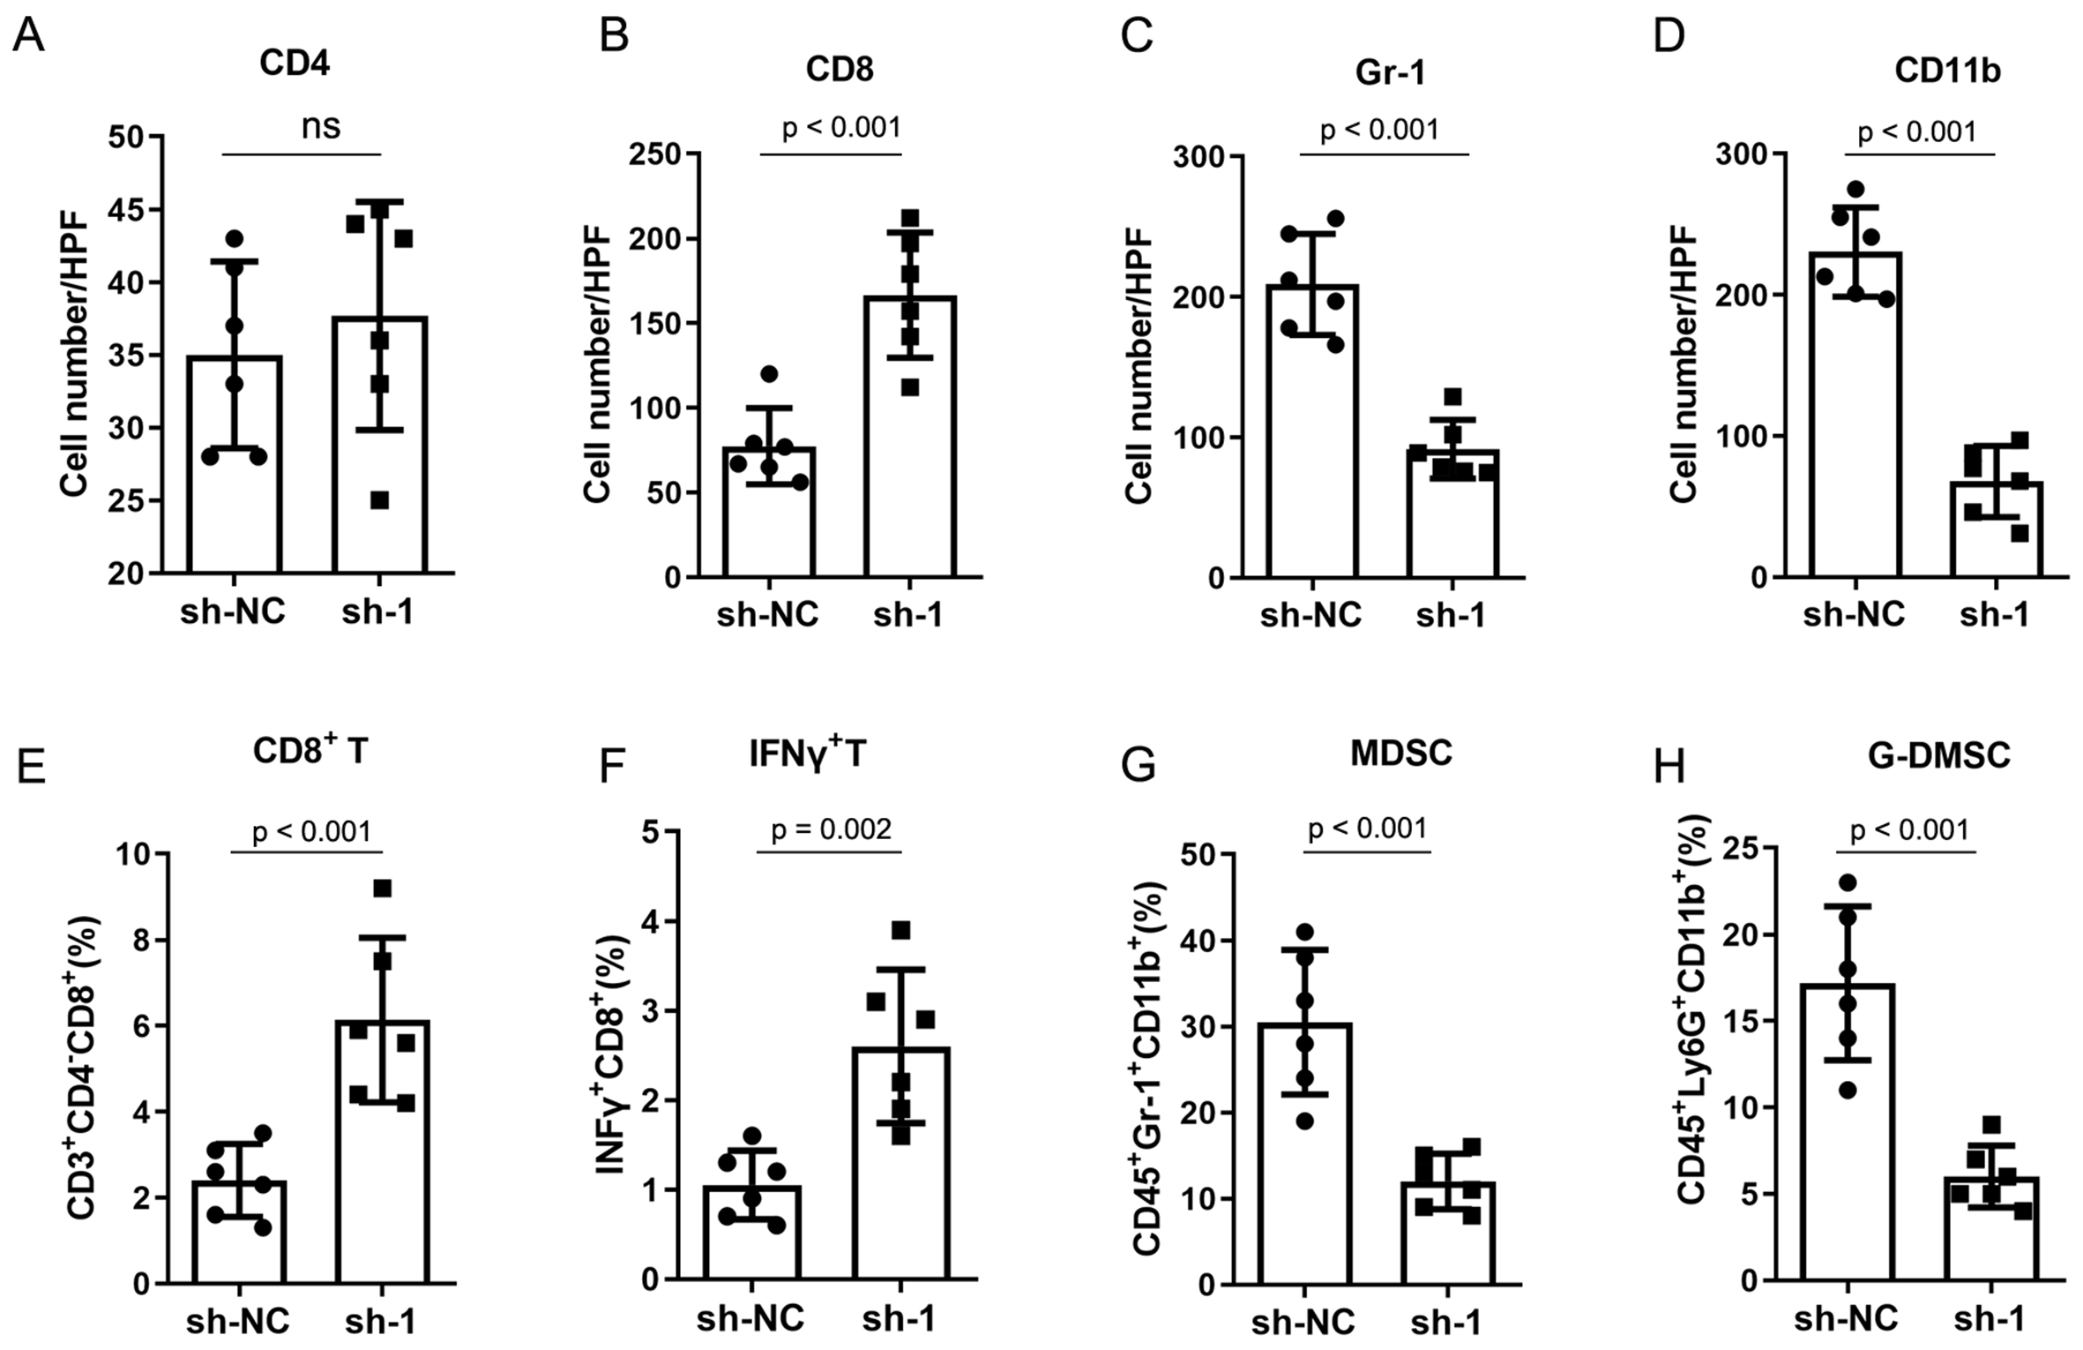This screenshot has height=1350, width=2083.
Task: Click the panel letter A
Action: click(x=29, y=37)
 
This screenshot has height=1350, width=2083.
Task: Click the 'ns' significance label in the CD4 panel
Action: click(x=320, y=127)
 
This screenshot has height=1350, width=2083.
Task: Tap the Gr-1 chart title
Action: click(x=1390, y=72)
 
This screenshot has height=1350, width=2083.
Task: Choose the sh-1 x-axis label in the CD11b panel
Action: click(x=1995, y=614)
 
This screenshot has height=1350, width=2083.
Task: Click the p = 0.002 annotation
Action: click(x=831, y=829)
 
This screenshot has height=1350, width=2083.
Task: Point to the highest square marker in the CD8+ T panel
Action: click(x=382, y=889)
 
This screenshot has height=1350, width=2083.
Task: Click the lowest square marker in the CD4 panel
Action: click(x=379, y=500)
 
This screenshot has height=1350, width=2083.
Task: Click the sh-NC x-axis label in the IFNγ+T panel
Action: click(x=750, y=1319)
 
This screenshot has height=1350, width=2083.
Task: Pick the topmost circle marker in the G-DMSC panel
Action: click(x=1848, y=882)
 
